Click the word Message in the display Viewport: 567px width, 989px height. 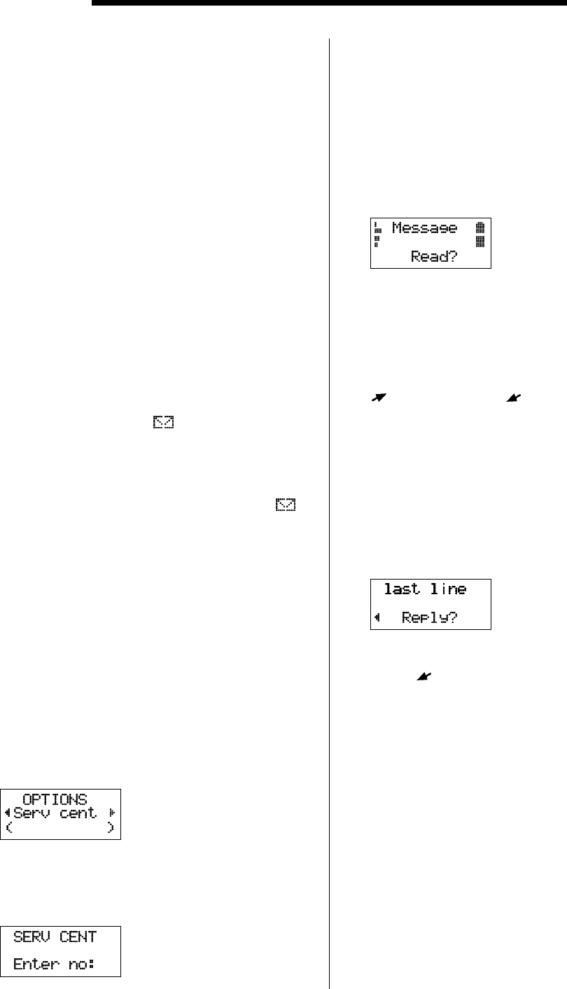pos(424,228)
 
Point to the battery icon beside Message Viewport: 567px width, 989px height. pos(479,234)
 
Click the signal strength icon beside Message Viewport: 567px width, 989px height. pos(377,234)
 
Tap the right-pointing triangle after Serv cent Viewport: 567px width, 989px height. pos(111,814)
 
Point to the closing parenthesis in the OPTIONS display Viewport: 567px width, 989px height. pos(111,829)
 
